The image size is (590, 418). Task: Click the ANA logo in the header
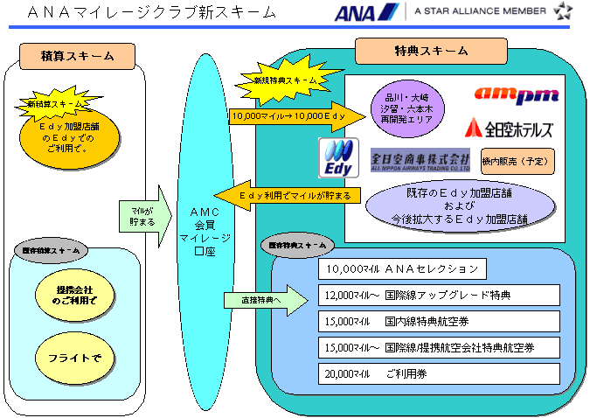366,12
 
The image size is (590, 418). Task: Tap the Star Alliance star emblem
564,11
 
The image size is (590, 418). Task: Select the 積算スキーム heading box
78,56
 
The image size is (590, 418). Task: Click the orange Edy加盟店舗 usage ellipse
68,139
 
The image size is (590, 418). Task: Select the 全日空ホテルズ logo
510,129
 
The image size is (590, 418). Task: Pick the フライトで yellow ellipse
76,358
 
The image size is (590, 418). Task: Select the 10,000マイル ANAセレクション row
402,268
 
